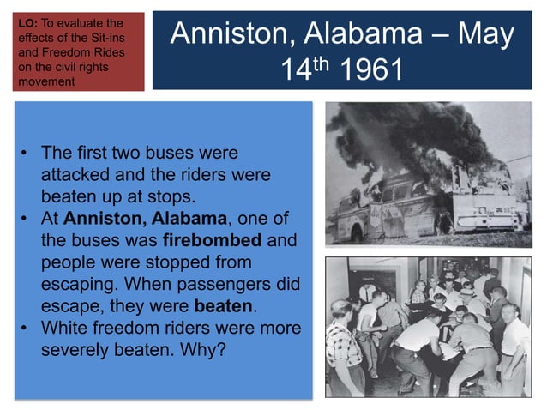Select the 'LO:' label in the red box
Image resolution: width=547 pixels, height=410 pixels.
[27, 22]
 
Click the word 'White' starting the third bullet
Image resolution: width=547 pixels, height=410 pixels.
[65, 328]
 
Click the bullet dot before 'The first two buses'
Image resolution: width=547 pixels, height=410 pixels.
[27, 152]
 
